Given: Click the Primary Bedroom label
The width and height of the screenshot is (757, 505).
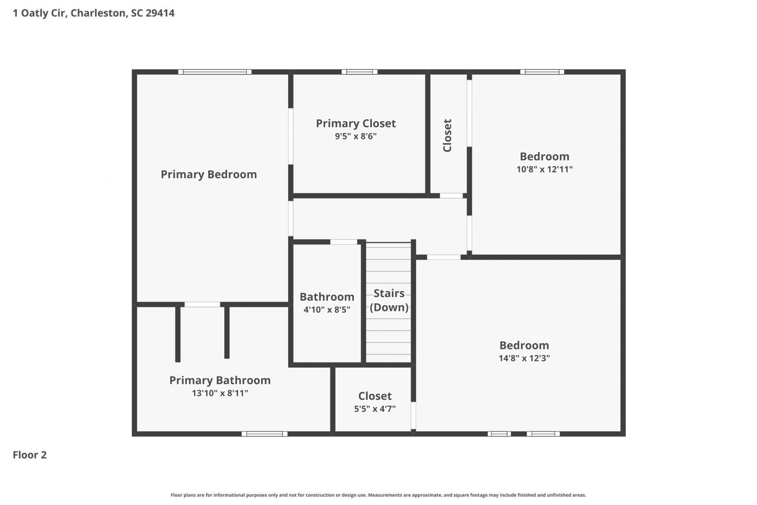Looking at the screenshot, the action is pyautogui.click(x=209, y=174).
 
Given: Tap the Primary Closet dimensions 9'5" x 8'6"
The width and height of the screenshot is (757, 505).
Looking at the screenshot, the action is pyautogui.click(x=356, y=136).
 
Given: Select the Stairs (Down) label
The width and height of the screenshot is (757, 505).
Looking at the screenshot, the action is pyautogui.click(x=389, y=300).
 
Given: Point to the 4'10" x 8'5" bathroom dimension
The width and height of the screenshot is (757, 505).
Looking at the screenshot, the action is pyautogui.click(x=327, y=309).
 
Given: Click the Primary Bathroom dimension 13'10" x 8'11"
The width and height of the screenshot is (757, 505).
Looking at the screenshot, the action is pyautogui.click(x=220, y=393).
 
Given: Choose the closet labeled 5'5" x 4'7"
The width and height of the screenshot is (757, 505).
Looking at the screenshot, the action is pyautogui.click(x=375, y=402).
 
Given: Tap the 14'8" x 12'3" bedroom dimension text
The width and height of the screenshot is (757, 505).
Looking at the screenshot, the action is pyautogui.click(x=524, y=358).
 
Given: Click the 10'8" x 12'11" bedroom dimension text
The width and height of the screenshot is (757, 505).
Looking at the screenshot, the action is pyautogui.click(x=544, y=169).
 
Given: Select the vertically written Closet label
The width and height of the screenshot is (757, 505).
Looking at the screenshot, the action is pyautogui.click(x=447, y=135).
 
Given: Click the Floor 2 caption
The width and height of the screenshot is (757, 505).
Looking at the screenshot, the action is pyautogui.click(x=30, y=455).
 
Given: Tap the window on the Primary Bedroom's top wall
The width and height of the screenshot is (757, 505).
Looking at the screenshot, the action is pyautogui.click(x=215, y=72).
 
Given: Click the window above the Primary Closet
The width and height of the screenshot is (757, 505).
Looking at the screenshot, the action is pyautogui.click(x=360, y=72).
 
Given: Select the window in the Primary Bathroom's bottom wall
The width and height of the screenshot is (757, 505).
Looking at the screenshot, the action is pyautogui.click(x=265, y=434).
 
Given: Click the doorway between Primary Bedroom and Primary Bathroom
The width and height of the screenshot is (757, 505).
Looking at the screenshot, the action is pyautogui.click(x=202, y=305).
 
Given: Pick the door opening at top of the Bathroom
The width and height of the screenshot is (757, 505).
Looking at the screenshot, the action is pyautogui.click(x=344, y=242).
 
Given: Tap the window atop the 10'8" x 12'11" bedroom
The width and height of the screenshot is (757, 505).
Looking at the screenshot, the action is pyautogui.click(x=542, y=72).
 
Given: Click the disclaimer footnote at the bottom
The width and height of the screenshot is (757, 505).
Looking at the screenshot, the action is pyautogui.click(x=378, y=495).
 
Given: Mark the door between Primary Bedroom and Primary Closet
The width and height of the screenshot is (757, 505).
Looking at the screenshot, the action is pyautogui.click(x=291, y=136).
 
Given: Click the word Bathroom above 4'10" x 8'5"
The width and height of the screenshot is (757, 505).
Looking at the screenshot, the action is pyautogui.click(x=327, y=297).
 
